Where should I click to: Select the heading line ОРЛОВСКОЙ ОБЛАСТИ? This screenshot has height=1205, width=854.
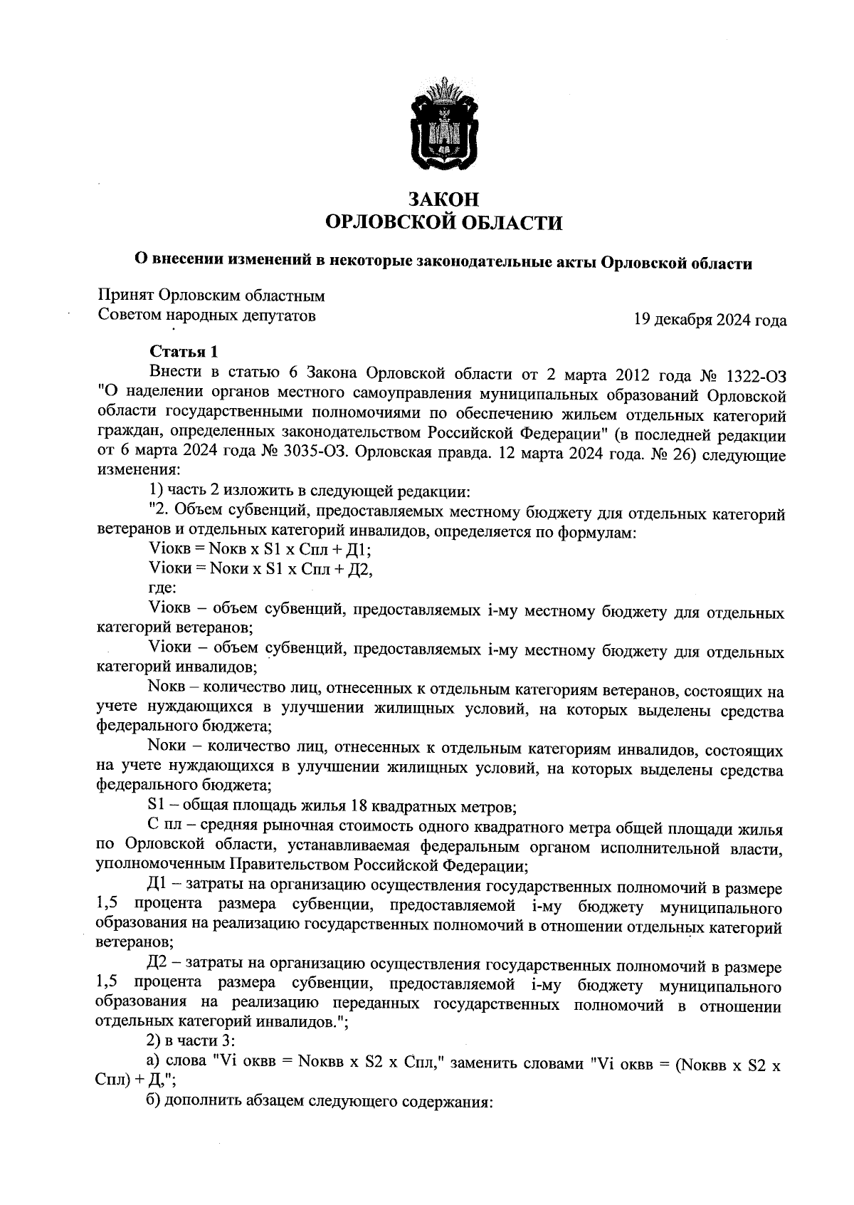[443, 224]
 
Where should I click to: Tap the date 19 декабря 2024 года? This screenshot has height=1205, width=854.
[710, 320]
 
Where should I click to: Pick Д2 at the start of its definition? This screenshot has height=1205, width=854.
[157, 966]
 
